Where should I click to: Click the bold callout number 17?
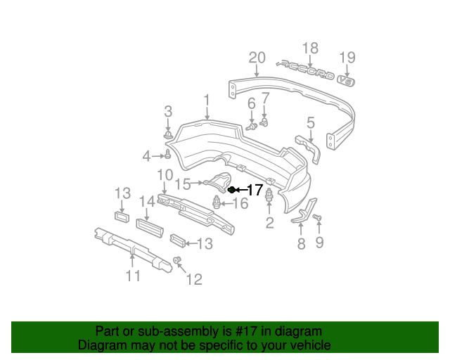[x=254, y=190]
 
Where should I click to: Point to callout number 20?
[x=257, y=58]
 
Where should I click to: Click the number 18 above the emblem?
[x=310, y=48]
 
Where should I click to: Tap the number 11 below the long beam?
[x=133, y=276]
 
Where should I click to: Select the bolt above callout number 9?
[x=316, y=219]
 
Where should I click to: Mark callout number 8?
[x=301, y=244]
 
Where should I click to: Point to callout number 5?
[x=310, y=123]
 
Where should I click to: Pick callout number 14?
[x=146, y=201]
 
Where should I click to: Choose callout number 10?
[x=165, y=174]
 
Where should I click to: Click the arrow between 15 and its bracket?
[x=199, y=184]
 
